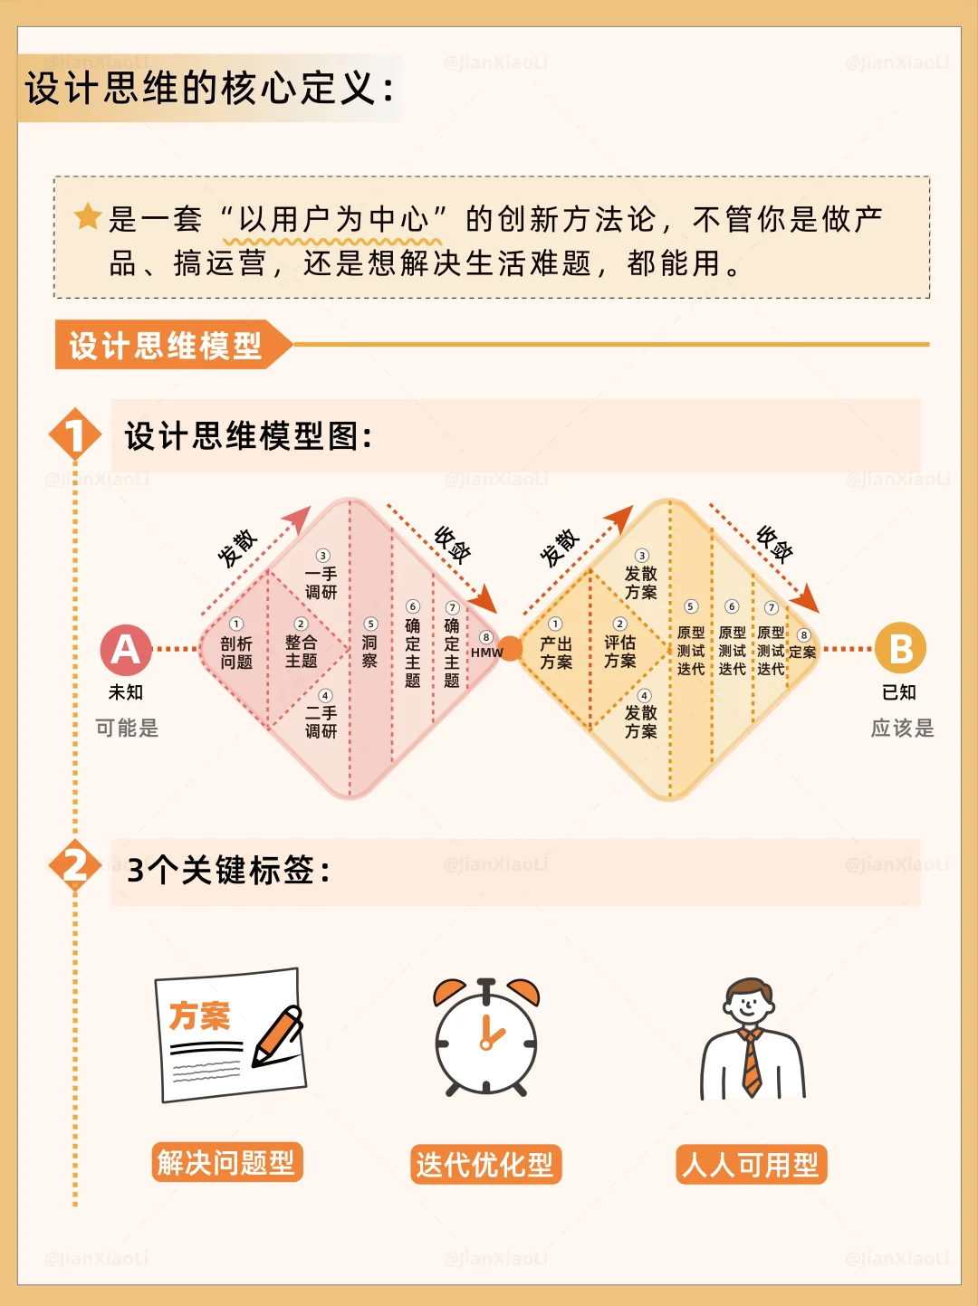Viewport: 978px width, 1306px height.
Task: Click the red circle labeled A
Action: tap(126, 650)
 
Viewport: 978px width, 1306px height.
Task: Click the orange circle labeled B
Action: tap(900, 648)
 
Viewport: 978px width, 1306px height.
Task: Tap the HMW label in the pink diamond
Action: tap(487, 653)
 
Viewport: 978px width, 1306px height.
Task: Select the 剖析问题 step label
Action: tap(236, 653)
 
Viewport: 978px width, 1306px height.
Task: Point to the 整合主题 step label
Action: tap(302, 652)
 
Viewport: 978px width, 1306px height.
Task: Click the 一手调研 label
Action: tap(321, 583)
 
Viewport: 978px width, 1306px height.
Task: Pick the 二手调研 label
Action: tap(321, 721)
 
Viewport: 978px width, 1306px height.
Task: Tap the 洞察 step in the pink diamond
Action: tap(369, 652)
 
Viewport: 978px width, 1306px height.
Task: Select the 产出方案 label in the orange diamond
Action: tap(556, 653)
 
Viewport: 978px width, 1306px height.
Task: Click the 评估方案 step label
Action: tap(620, 652)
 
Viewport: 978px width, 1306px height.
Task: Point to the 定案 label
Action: tap(802, 653)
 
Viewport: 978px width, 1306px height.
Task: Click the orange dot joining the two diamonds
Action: tap(510, 649)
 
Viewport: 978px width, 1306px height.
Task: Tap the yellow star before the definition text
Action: tap(88, 216)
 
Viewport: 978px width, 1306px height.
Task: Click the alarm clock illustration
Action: tap(486, 1037)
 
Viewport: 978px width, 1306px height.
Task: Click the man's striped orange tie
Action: tap(752, 1063)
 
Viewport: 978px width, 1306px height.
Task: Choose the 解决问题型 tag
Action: tap(226, 1162)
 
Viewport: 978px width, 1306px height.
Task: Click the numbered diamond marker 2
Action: tap(75, 866)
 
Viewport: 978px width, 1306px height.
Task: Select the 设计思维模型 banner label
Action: tap(166, 345)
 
